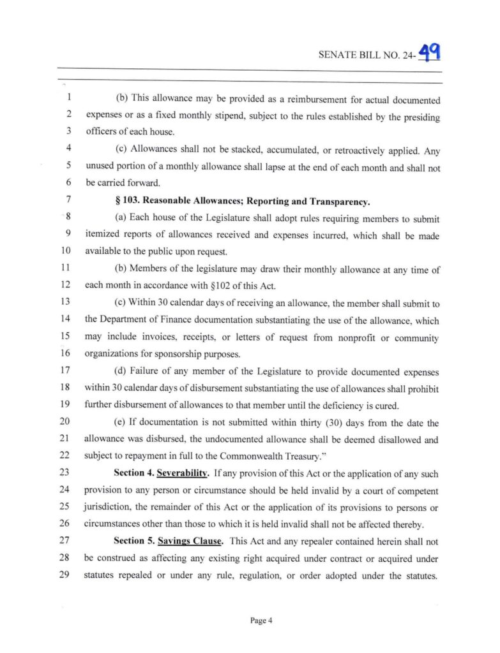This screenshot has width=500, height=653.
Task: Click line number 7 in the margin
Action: pyautogui.click(x=67, y=202)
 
